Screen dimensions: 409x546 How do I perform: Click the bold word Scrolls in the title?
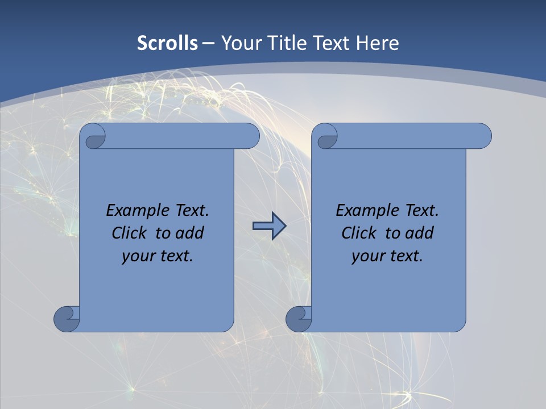(x=168, y=43)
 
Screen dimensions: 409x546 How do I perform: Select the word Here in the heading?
(x=378, y=43)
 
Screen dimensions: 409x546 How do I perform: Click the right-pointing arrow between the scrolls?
(x=269, y=227)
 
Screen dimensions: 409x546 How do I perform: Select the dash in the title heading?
(x=209, y=43)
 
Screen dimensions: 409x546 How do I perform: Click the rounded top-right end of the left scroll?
(x=250, y=136)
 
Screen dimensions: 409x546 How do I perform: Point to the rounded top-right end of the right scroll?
(x=482, y=136)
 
